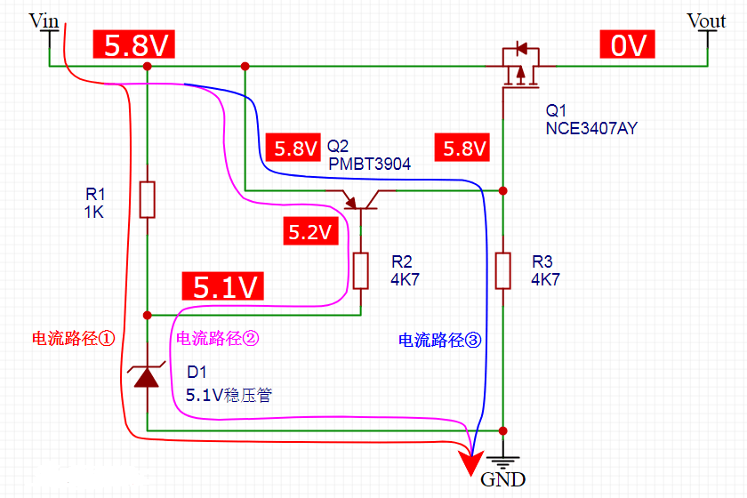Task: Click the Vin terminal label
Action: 44,20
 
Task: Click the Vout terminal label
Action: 706,20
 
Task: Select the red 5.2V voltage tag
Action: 309,233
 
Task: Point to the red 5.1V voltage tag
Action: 226,286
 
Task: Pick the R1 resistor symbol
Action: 148,199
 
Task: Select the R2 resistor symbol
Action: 360,270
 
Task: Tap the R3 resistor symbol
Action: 503,270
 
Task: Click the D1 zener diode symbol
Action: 147,377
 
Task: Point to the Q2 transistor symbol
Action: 360,200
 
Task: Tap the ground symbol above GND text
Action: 503,460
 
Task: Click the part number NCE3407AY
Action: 591,129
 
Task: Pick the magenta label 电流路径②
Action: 218,338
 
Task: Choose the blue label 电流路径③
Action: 439,340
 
